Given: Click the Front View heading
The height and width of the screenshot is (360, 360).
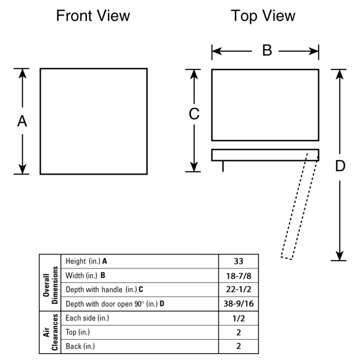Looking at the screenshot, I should coord(93,16).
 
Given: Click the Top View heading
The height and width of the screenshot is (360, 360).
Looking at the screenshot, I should coord(263,16).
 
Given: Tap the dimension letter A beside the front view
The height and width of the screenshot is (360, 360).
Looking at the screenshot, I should coord(22,121).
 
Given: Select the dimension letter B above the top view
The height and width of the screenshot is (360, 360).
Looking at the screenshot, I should coord(267,51).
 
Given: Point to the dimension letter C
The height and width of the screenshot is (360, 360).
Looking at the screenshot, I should coord(193,115).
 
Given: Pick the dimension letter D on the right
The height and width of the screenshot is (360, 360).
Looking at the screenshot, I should coord(340,166).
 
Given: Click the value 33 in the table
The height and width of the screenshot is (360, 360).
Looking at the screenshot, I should coord(238,261).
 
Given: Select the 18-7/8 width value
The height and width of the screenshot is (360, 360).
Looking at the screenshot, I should coord(238,275).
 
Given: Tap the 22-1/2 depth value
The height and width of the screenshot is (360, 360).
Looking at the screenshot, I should coord(238,289).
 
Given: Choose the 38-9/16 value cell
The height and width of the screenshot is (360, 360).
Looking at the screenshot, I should coord(238,304).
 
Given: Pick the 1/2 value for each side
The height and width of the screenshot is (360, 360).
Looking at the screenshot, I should coord(238,318).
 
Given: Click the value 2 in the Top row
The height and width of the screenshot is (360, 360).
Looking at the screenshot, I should coord(238,333).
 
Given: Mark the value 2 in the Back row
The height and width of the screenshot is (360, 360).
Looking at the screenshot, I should coord(238,346).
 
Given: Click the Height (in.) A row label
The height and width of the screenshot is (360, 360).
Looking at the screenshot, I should coord(86,261).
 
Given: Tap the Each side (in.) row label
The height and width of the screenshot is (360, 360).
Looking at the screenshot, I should coord(87,318).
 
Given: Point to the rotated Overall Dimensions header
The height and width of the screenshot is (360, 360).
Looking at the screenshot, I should coord(50,283).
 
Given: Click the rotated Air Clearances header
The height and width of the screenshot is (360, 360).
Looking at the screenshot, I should coord(50,332).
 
